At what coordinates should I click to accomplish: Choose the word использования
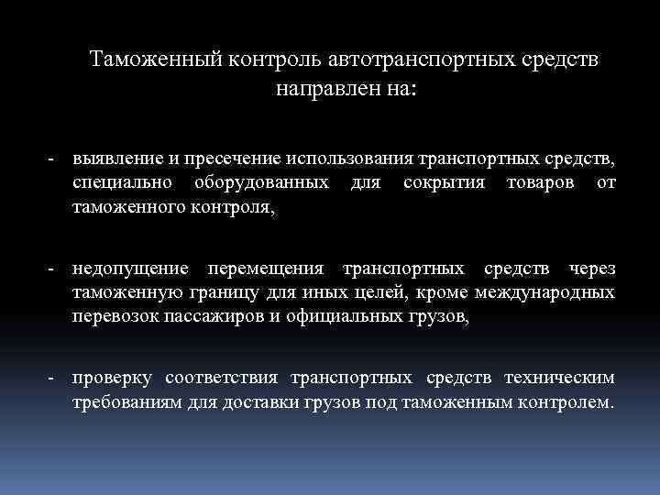(x=352, y=159)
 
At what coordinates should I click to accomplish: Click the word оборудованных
(x=261, y=183)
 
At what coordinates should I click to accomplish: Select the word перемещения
(x=266, y=269)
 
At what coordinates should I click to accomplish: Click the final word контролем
(x=566, y=403)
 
